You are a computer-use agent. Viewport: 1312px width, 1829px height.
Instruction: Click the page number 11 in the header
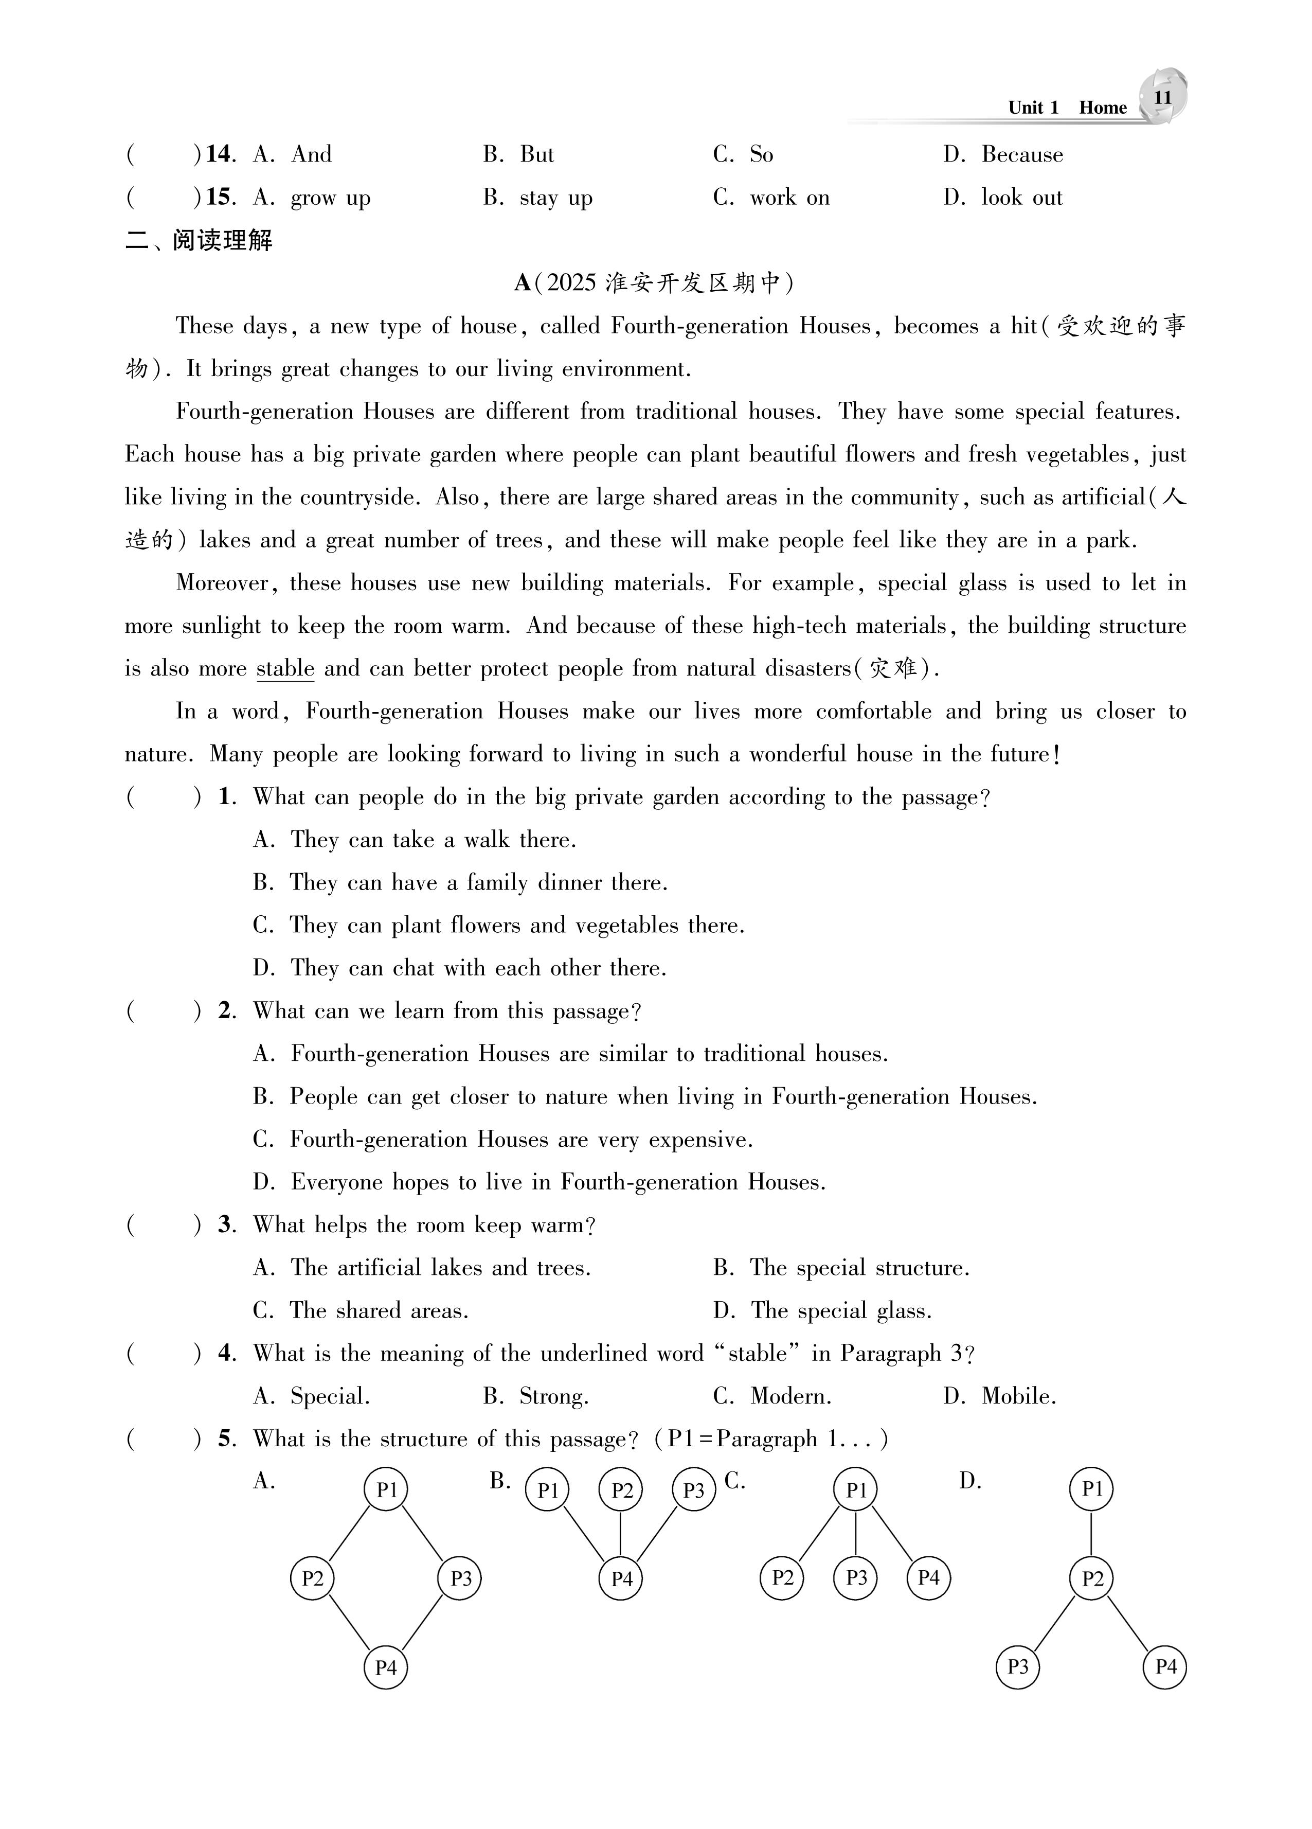pos(1162,98)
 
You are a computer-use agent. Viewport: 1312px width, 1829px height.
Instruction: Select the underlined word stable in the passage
pos(284,668)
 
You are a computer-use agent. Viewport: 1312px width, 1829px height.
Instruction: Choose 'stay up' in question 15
pos(555,198)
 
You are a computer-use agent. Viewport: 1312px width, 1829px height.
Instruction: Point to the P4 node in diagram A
pos(385,1667)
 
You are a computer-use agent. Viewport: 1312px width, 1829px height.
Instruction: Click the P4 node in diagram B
pos(621,1578)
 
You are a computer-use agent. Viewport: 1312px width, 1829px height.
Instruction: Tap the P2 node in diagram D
pos(1091,1578)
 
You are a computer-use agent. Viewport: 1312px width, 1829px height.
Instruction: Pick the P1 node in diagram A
pos(386,1489)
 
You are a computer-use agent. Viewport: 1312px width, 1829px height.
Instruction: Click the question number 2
pos(226,1011)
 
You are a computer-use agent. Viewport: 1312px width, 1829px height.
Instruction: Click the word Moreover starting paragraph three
pos(222,583)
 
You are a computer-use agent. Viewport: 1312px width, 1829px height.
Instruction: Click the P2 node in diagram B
pos(621,1489)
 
